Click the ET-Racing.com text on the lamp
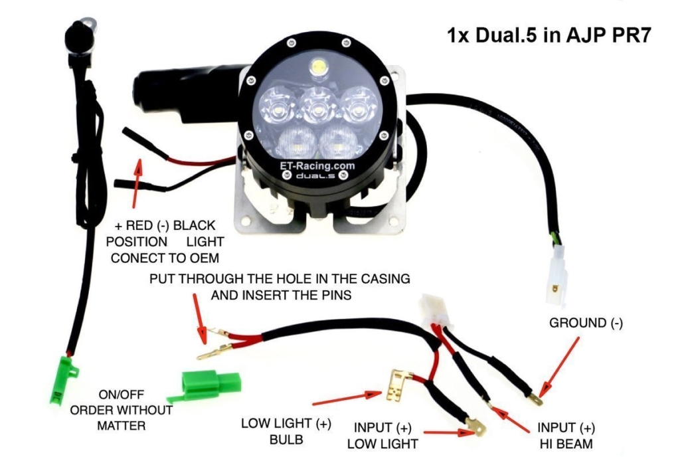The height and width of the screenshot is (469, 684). point(317,167)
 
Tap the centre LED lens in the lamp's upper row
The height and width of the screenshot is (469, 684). point(317,106)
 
